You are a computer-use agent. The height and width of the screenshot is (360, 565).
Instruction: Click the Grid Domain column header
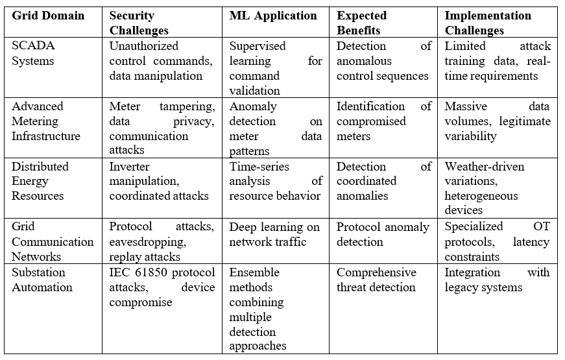48,16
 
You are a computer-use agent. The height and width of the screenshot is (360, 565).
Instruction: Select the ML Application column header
273,16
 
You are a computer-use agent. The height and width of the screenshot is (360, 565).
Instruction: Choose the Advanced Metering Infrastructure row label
46,121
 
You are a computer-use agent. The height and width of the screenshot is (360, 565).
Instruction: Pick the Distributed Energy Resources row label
41,182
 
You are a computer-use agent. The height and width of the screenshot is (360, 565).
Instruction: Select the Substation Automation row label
42,280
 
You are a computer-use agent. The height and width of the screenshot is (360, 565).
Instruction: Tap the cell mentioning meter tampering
162,128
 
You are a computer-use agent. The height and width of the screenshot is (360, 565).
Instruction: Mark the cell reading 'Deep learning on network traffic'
274,234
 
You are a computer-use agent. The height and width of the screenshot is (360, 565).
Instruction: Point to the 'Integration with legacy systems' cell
497,280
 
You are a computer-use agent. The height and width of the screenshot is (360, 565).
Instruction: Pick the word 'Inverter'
130,167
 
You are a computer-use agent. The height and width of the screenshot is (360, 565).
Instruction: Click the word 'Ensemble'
254,272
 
